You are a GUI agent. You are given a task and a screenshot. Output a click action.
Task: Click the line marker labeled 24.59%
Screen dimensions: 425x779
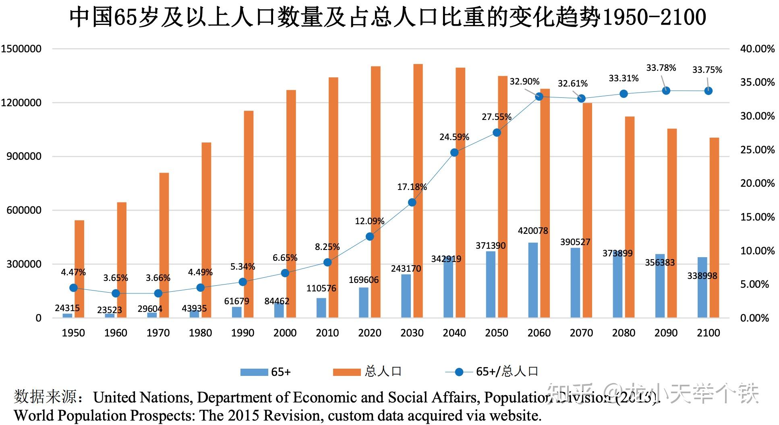tap(454, 153)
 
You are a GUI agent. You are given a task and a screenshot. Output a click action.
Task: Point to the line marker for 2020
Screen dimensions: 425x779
tap(370, 237)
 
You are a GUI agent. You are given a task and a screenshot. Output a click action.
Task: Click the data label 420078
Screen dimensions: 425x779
tap(533, 231)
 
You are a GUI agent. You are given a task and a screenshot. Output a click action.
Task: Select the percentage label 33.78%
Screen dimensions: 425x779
tap(661, 68)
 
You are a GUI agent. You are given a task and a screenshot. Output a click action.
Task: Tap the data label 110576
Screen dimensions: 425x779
tap(321, 288)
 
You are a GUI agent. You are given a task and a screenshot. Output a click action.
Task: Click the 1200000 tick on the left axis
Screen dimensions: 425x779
tap(21, 103)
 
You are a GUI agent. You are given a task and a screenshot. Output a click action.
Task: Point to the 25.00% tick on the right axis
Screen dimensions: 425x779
tap(757, 150)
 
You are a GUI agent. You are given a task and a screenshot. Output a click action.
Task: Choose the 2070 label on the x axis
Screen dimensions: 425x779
tap(581, 333)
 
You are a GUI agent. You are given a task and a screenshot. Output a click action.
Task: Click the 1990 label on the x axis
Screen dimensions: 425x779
tap(242, 333)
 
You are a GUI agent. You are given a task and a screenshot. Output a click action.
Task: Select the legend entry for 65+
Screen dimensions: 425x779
tap(266, 372)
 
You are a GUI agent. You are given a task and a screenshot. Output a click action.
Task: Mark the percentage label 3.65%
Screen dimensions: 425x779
tap(116, 278)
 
